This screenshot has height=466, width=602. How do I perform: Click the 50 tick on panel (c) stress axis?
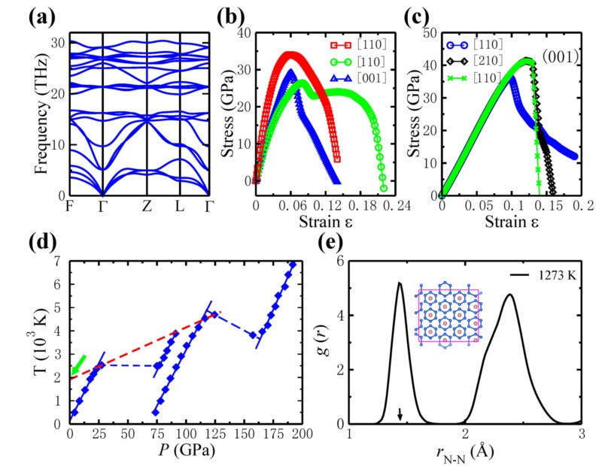pyautogui.click(x=426, y=32)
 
